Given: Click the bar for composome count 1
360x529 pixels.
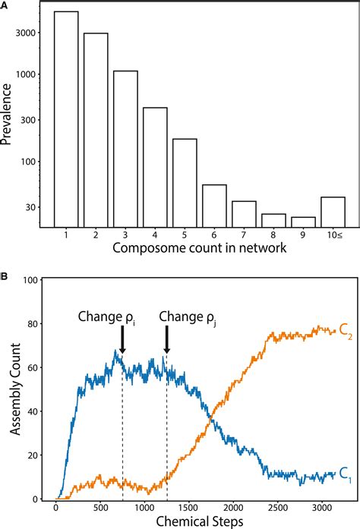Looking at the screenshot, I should (x=66, y=118).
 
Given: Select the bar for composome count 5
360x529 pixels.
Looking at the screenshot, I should (x=185, y=182).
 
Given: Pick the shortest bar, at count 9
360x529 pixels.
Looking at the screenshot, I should (x=303, y=221).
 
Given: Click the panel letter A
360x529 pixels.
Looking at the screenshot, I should (x=5, y=5).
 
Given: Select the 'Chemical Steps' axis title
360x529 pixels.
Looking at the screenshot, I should (x=197, y=521).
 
